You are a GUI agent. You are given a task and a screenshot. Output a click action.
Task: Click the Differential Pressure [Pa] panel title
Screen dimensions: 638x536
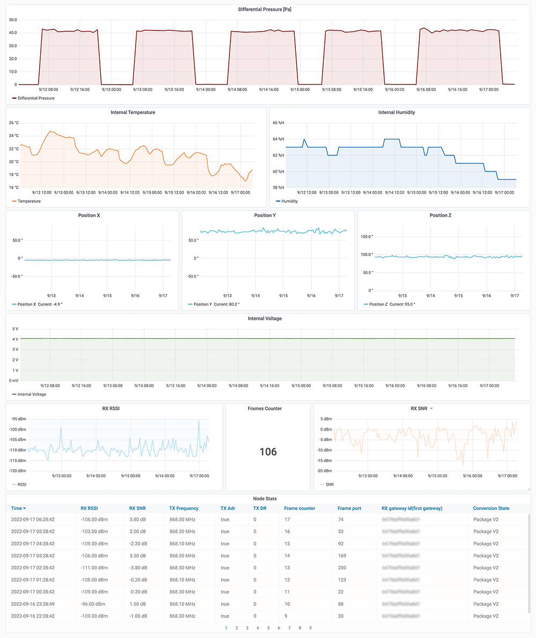[267, 9]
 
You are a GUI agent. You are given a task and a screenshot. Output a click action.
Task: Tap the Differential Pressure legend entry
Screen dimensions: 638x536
[35, 98]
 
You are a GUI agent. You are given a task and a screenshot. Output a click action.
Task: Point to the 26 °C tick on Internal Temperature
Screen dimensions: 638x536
[13, 123]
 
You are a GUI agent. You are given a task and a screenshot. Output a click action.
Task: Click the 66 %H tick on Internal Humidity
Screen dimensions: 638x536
[278, 123]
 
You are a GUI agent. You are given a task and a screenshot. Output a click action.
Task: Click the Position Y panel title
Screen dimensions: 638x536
[268, 215]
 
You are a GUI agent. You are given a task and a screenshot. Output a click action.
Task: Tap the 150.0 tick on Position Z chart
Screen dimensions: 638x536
[366, 236]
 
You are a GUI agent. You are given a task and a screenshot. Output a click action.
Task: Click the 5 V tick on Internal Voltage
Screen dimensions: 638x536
[15, 328]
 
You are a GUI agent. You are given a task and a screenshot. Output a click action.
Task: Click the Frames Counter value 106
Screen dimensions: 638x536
[268, 452]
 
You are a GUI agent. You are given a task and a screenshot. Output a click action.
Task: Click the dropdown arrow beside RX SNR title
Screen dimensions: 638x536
[431, 409]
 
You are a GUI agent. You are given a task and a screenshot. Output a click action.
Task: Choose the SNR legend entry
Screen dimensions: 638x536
[330, 484]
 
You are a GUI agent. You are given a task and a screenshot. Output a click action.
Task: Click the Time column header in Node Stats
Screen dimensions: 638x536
[18, 508]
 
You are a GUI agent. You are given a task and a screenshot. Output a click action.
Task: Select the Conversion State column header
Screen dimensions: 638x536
[491, 508]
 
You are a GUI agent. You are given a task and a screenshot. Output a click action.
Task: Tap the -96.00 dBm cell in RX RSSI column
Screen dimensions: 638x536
[94, 603]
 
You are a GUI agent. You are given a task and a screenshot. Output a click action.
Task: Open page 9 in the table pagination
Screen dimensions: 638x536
[310, 628]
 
